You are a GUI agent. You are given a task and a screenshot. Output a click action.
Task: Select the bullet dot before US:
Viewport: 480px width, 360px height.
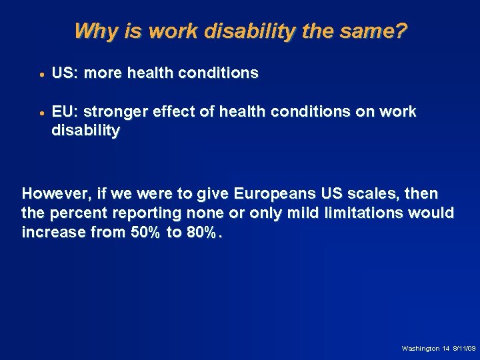(x=41, y=75)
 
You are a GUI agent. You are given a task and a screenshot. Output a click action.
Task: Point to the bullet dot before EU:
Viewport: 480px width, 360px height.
(x=41, y=113)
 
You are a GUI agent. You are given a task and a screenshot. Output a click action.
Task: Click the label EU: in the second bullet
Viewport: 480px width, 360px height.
(x=65, y=111)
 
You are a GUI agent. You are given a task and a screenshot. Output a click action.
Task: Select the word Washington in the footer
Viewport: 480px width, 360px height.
(x=420, y=349)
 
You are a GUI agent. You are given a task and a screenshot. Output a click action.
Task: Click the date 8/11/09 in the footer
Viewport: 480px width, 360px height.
(x=464, y=349)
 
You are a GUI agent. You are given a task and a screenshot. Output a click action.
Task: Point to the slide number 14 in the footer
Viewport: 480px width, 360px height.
(x=445, y=349)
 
